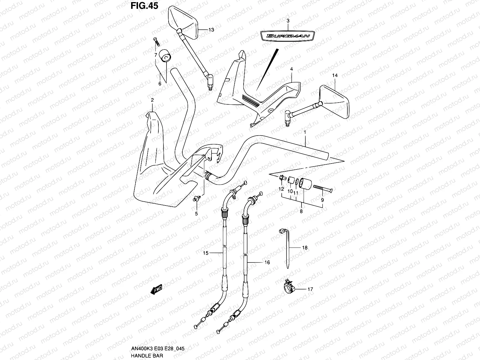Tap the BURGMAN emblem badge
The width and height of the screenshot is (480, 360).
click(288, 36)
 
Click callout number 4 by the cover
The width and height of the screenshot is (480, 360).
click(291, 69)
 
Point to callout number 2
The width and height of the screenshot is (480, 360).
click(152, 100)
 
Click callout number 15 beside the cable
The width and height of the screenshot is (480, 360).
click(205, 253)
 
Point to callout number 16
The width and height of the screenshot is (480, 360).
click(267, 262)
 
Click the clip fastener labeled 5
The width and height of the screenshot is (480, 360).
click(196, 198)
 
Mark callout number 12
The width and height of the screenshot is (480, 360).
click(281, 189)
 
